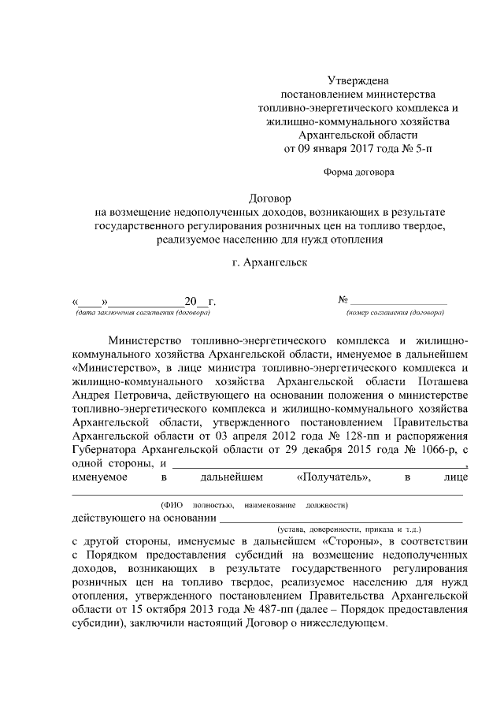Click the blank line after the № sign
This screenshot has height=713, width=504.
(x=398, y=302)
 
